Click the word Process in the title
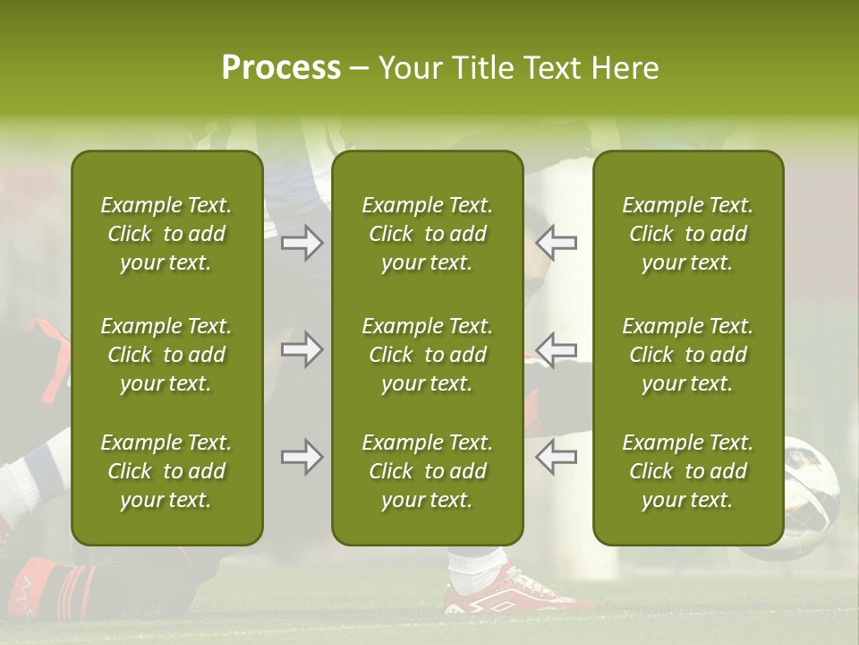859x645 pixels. tap(281, 68)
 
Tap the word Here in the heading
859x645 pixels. tap(625, 68)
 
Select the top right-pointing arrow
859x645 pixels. tap(302, 243)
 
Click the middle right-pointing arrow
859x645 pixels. tap(302, 349)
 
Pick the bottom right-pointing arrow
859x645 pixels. tap(302, 457)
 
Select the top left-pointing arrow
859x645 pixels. tap(557, 243)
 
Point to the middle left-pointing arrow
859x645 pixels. tap(557, 349)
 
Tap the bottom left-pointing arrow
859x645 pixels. tap(557, 457)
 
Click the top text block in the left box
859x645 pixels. tap(166, 234)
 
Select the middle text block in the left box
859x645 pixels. tap(166, 355)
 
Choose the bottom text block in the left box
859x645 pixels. tap(166, 471)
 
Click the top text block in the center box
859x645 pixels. tap(427, 234)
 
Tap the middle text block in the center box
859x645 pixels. tap(427, 355)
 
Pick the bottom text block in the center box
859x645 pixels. tap(427, 471)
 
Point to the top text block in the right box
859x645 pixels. tap(687, 234)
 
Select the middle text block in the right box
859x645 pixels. tap(687, 355)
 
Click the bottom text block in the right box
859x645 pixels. tap(687, 471)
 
